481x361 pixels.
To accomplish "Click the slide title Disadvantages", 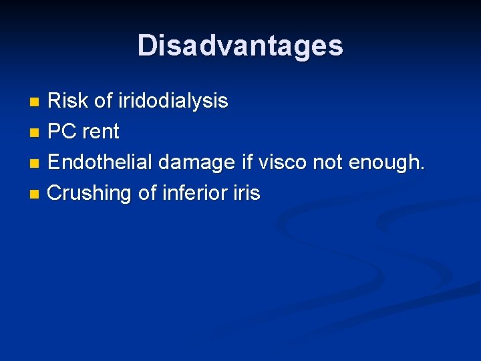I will tap(240, 45).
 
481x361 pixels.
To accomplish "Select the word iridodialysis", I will tap(173, 102).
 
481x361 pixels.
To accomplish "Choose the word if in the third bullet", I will tap(245, 162).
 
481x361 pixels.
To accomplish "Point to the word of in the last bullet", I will tap(146, 193).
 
